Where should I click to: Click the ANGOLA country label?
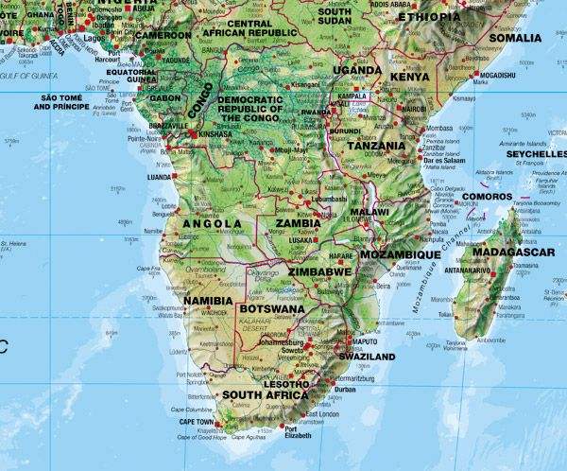click(213, 224)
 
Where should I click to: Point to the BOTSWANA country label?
click(272, 308)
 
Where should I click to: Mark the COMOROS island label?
click(490, 197)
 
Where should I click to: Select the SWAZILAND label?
click(363, 357)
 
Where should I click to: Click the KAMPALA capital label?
click(352, 97)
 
